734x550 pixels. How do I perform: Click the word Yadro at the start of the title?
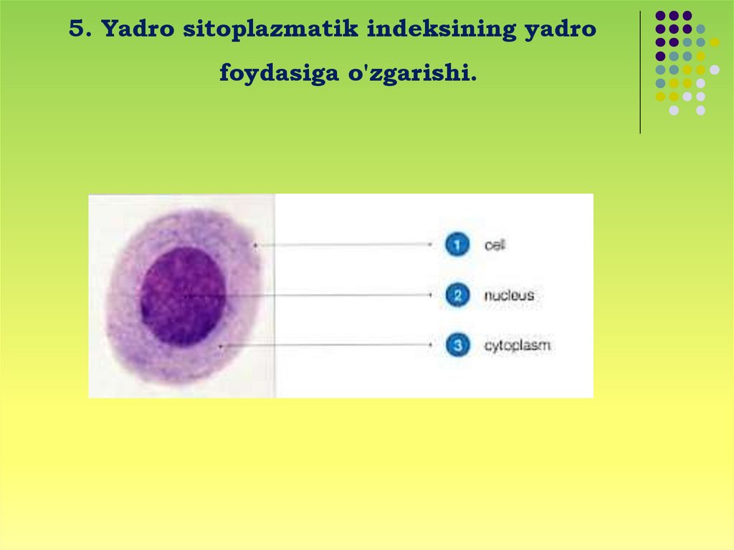tap(138, 29)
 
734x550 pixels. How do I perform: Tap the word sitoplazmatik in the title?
tap(270, 29)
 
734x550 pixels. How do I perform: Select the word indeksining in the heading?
tap(442, 29)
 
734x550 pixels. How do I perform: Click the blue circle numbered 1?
tap(457, 244)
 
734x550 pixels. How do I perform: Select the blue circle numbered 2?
tap(457, 295)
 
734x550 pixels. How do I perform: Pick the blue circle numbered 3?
tap(457, 345)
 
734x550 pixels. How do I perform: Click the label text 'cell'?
tap(495, 245)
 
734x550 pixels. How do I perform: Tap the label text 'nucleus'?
tap(509, 295)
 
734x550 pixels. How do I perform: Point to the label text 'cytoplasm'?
tap(517, 346)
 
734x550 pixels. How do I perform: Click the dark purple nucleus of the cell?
tap(183, 296)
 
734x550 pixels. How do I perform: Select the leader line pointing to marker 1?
tap(343, 244)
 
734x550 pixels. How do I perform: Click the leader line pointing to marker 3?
tap(326, 345)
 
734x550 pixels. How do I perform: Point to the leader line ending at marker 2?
tap(308, 295)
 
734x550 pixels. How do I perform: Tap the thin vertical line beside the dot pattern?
tap(640, 72)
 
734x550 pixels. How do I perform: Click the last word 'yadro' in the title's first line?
tap(561, 29)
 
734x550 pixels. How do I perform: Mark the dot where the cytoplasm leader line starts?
tap(221, 346)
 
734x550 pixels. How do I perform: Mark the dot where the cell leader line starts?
tap(256, 245)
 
